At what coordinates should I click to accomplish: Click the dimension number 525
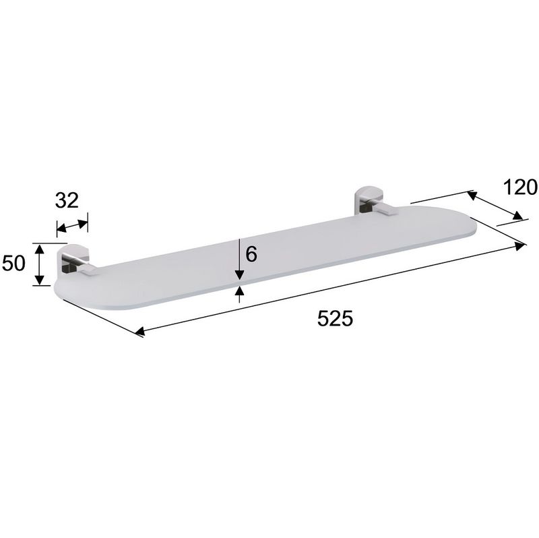tap(335, 318)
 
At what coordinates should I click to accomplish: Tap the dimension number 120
tap(520, 187)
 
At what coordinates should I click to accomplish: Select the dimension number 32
tap(67, 200)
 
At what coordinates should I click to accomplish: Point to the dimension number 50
tap(13, 264)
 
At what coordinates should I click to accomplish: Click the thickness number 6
tap(251, 255)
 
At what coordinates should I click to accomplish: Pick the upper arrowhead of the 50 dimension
tap(40, 249)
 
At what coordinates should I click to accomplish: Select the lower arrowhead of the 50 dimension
tap(40, 280)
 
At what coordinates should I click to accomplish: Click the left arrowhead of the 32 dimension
tap(61, 228)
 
